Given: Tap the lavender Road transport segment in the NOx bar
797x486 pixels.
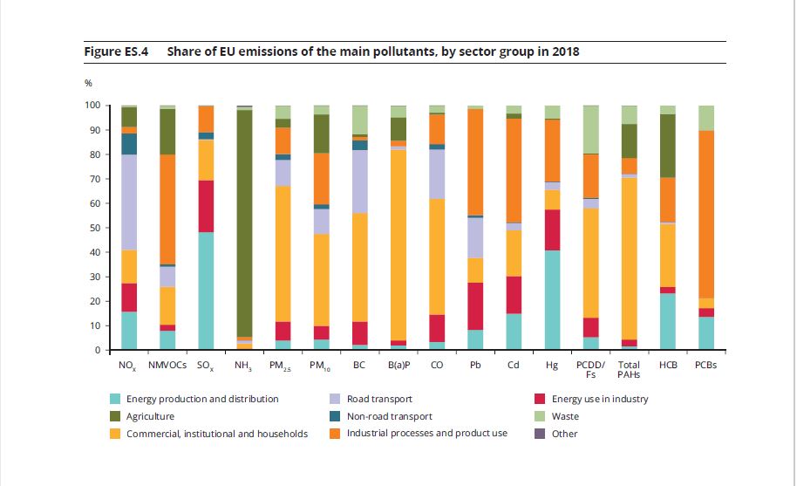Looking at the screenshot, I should pos(129,202).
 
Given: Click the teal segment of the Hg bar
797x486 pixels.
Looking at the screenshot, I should pos(552,300).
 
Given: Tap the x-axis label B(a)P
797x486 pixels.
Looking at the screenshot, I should pos(398,366).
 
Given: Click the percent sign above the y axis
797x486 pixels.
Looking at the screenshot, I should pos(88,83).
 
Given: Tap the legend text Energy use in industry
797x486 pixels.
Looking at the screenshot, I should pos(601,399).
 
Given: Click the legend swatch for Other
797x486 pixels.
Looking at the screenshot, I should pos(539,434).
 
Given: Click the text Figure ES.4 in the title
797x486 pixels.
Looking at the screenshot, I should pos(116,51).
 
